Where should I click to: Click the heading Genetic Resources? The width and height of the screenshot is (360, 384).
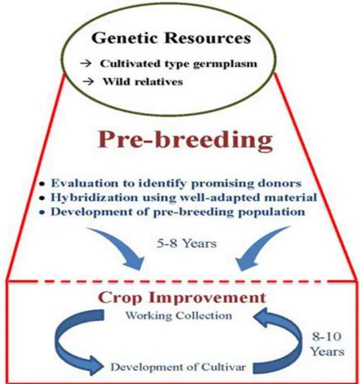[171, 38]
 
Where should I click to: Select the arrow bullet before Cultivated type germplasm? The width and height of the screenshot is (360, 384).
[85, 64]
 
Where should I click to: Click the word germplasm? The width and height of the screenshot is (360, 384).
[225, 64]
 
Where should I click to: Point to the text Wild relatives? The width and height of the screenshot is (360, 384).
[143, 82]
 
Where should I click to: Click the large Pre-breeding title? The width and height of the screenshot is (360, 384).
[185, 140]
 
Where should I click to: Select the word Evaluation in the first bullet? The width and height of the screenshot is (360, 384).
[85, 183]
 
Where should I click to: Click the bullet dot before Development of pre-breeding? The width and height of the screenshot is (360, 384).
[43, 212]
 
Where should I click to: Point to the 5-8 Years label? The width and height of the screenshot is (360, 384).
[187, 243]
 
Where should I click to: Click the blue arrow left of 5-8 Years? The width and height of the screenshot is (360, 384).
[122, 247]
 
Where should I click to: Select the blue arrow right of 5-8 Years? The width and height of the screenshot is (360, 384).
[260, 247]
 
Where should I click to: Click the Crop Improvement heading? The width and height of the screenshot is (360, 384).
[182, 298]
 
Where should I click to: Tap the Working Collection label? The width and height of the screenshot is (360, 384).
[178, 316]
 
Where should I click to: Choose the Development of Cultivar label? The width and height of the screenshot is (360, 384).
[178, 367]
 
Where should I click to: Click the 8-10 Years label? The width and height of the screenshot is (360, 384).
[327, 344]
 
